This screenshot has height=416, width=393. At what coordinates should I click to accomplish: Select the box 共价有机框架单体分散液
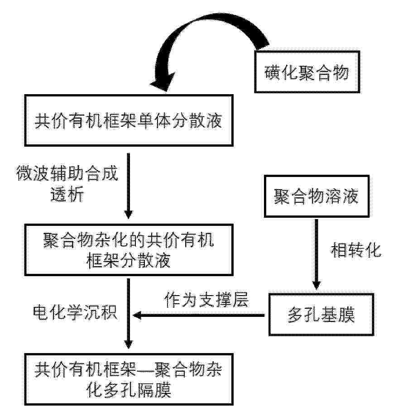click(x=129, y=121)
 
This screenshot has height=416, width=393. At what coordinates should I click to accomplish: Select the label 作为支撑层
click(x=206, y=301)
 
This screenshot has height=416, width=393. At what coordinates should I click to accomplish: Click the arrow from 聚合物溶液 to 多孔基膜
click(x=316, y=253)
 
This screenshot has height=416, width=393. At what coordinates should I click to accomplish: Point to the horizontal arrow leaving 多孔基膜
click(x=199, y=316)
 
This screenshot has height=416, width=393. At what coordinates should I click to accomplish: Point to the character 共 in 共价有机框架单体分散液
click(x=43, y=122)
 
